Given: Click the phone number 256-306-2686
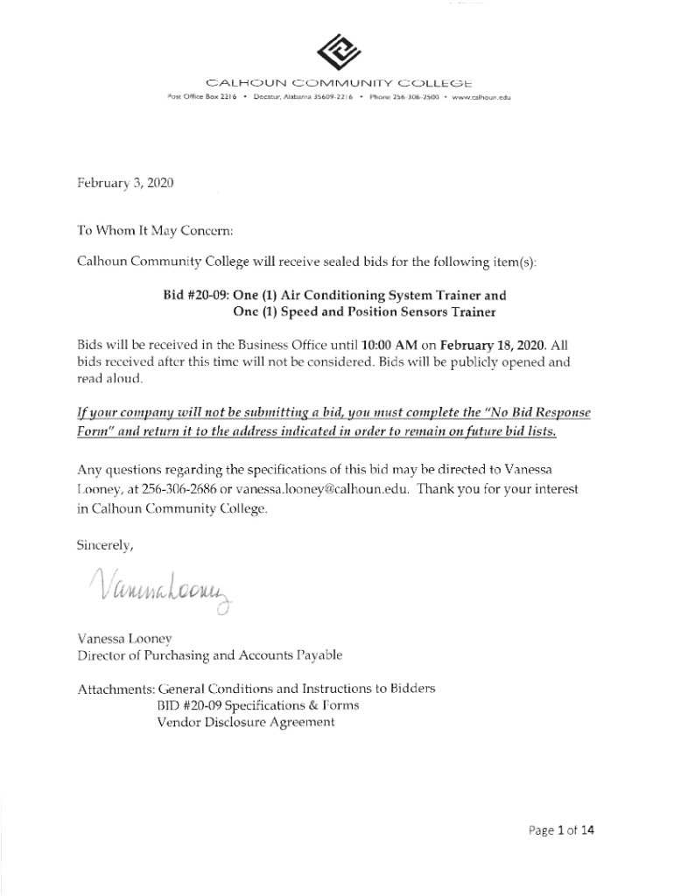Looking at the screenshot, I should [182, 491].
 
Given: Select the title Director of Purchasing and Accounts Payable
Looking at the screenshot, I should [209, 655].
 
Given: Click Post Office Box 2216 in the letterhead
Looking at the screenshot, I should [192, 98].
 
